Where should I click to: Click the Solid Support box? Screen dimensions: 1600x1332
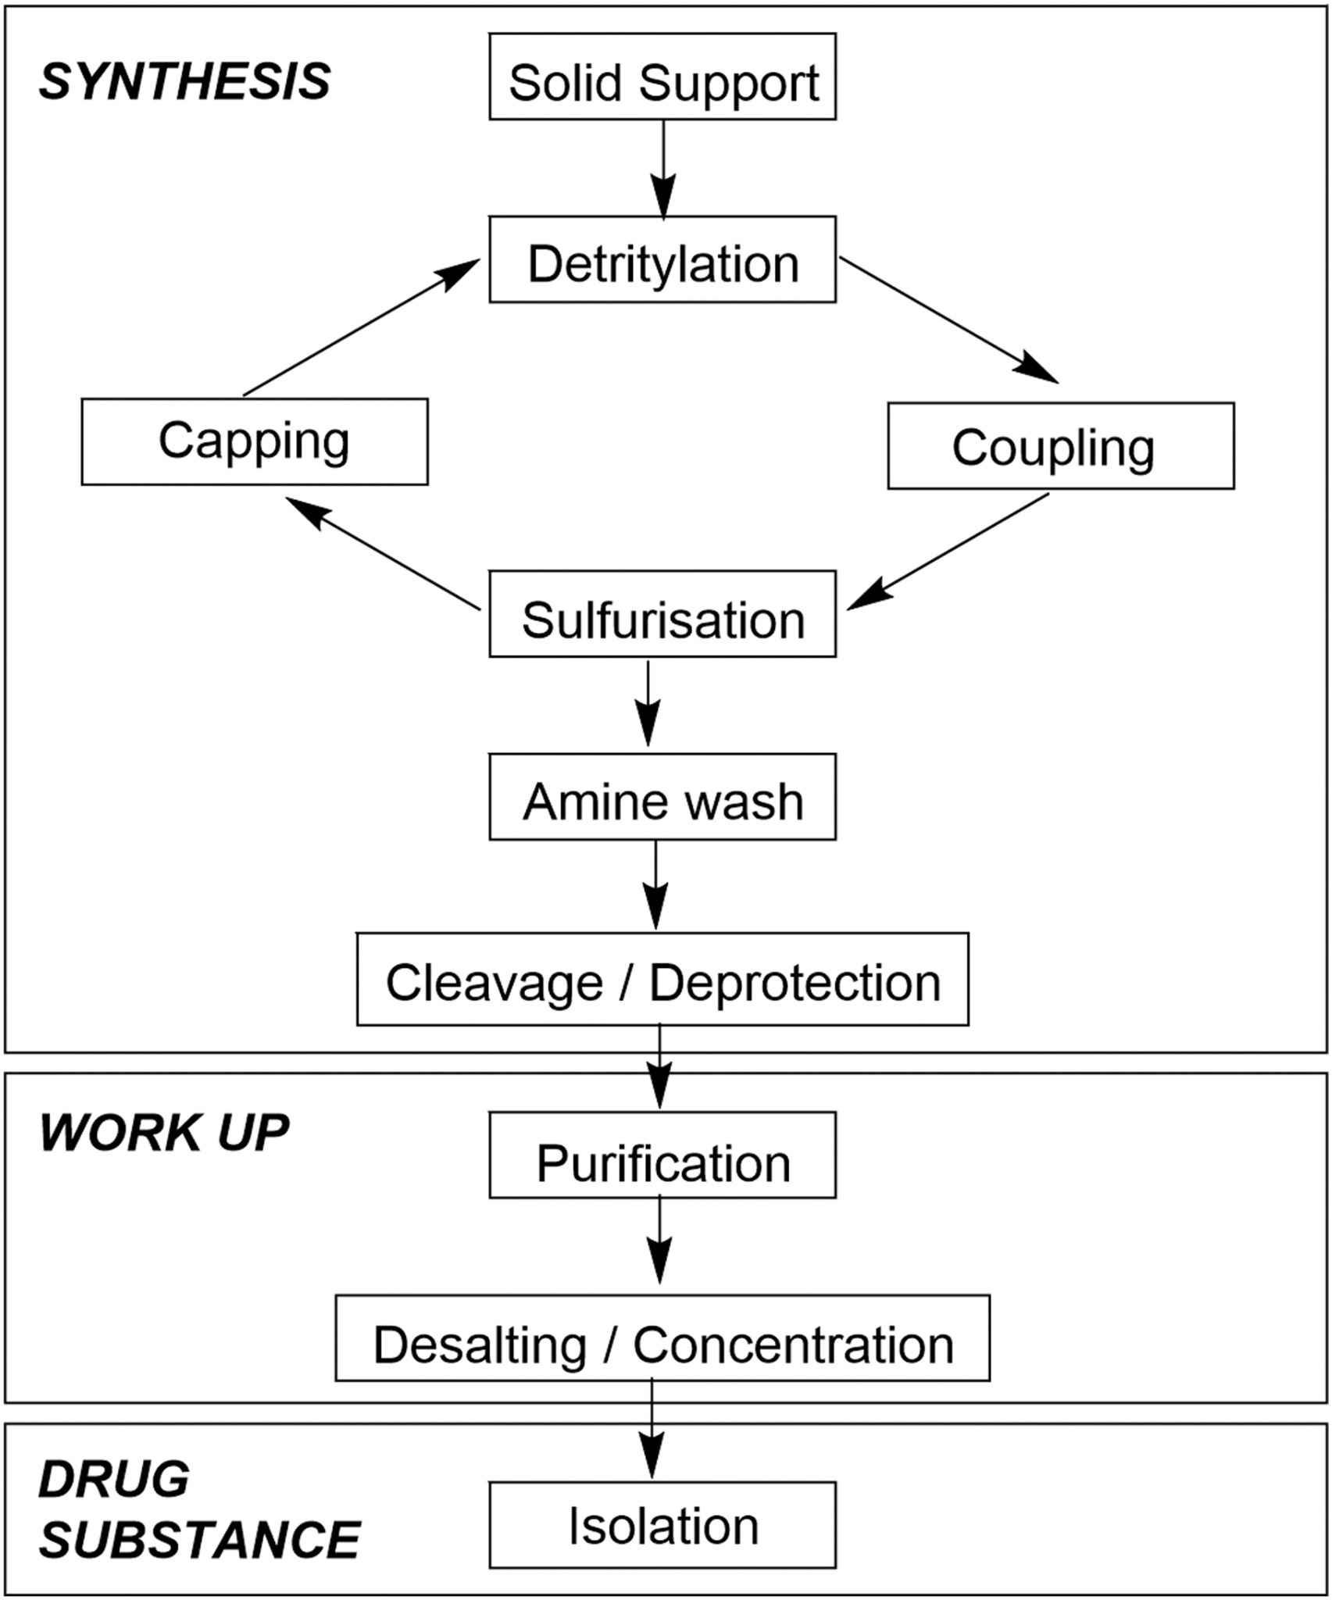coord(662,77)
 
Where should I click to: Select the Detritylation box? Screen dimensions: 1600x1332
coord(662,260)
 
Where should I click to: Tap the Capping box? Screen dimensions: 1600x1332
coord(255,441)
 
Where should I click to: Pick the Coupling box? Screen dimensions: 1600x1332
coord(1061,446)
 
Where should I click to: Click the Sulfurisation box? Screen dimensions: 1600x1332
coord(662,614)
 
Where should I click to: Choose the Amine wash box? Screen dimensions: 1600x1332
coord(662,798)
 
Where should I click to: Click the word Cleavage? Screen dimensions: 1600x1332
coord(495,982)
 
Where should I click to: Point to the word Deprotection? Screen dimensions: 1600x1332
coord(795,982)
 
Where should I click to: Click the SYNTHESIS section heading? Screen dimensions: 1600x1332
coord(185,82)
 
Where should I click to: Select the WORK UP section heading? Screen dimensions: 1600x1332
coord(164,1132)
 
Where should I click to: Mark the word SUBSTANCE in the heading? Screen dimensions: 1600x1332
coord(199,1540)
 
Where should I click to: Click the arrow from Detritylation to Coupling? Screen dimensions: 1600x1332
coord(949,320)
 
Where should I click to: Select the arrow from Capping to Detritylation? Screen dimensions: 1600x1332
coord(361,328)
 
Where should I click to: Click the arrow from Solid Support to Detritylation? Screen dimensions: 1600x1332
coord(663,168)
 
